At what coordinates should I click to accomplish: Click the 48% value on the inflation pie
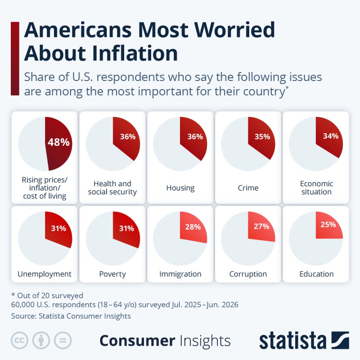tap(58, 142)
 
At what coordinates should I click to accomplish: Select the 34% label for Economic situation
tap(331, 136)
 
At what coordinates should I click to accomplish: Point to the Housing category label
tap(180, 188)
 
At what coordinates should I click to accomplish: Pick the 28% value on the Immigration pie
tap(193, 227)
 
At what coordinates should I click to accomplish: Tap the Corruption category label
tap(248, 274)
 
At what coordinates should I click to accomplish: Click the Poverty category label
tap(112, 274)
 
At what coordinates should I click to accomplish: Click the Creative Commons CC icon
tap(19, 340)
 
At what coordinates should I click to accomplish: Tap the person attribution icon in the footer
tap(41, 340)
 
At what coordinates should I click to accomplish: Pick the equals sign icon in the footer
tap(63, 340)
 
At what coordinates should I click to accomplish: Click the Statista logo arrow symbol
tap(340, 340)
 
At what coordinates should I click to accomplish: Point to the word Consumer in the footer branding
tap(137, 341)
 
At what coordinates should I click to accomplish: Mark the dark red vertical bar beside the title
tap(15, 58)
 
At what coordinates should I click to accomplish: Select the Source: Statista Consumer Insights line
tap(71, 316)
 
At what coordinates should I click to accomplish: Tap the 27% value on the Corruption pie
tap(261, 226)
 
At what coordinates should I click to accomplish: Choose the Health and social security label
tap(112, 188)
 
